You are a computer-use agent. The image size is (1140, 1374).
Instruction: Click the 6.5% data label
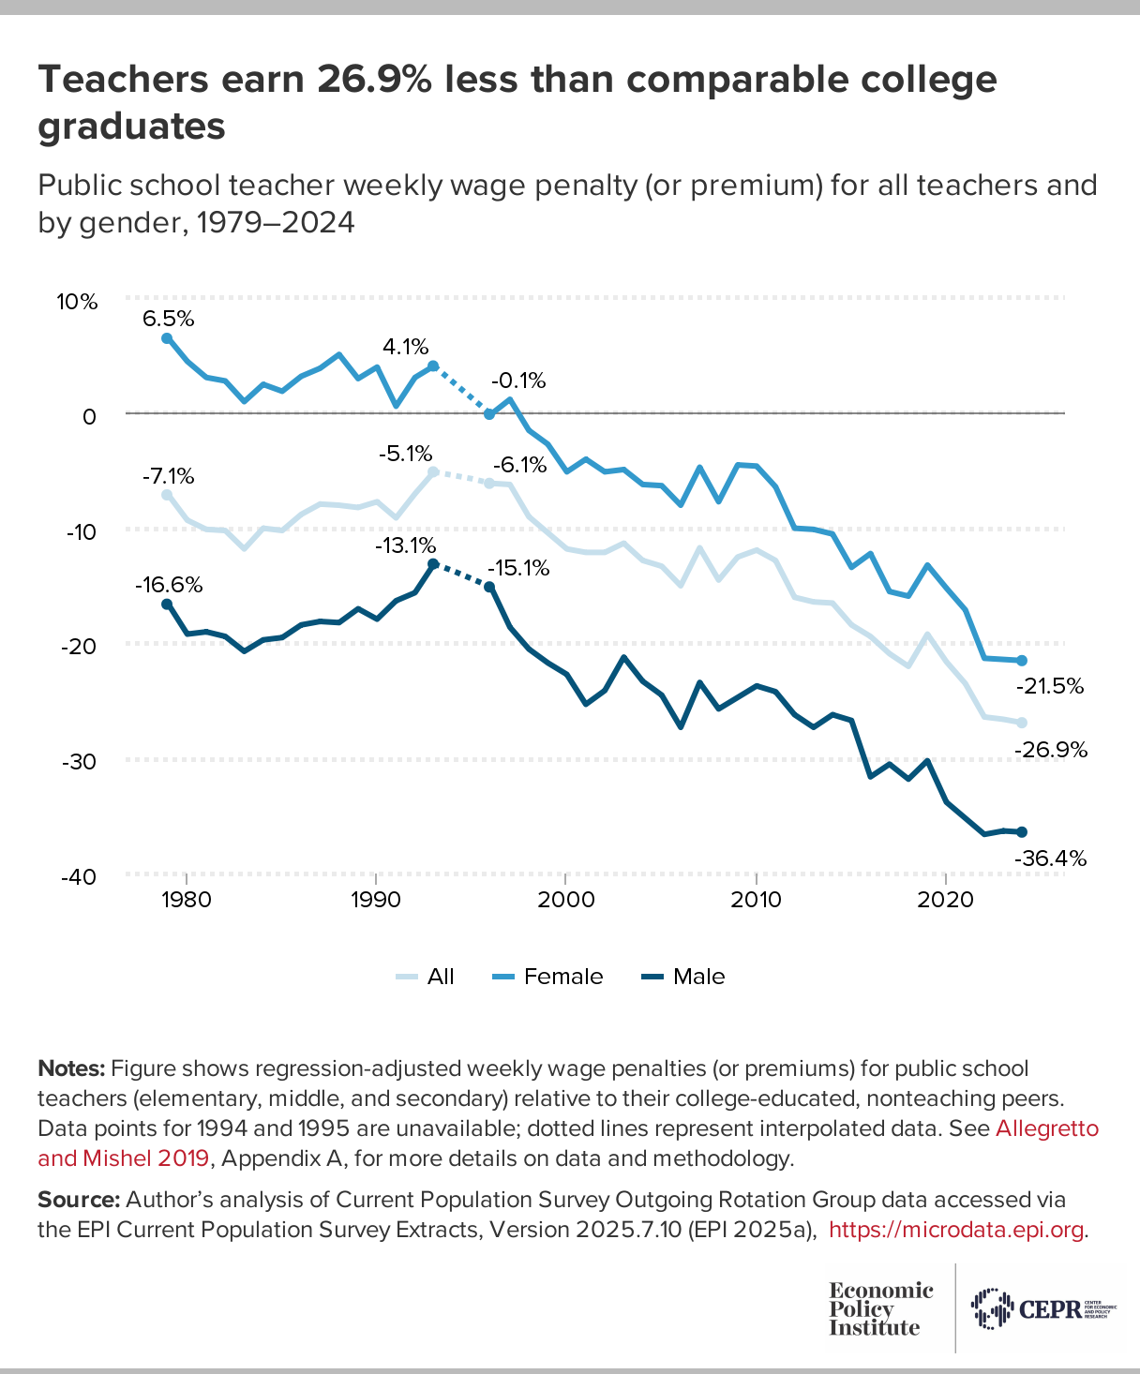[x=169, y=319]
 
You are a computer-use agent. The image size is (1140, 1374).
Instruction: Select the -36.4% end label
[x=1050, y=858]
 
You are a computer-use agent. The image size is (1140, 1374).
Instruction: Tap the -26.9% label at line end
[x=1050, y=750]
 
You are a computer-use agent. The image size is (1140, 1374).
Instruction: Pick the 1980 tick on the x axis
[x=187, y=900]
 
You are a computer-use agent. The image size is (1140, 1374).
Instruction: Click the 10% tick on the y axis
[x=77, y=302]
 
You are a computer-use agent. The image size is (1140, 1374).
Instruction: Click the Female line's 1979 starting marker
[x=167, y=338]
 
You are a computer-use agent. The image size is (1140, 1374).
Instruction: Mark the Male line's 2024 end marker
[x=1022, y=831]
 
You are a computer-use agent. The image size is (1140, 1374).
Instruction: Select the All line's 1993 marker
[x=433, y=472]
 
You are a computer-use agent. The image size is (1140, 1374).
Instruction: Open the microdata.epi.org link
[x=957, y=1229]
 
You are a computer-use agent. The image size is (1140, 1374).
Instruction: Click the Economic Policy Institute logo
[x=880, y=1308]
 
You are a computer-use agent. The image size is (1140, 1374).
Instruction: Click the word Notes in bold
[x=71, y=1068]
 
